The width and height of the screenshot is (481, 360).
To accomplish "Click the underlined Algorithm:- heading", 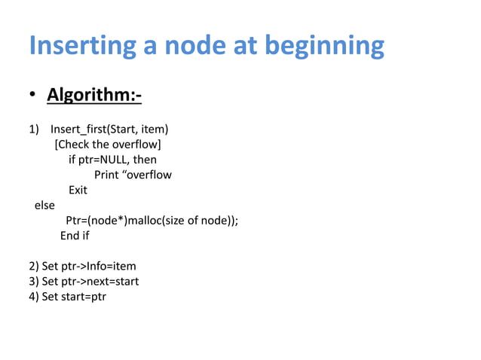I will [94, 97].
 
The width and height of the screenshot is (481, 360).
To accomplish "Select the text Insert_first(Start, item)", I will [109, 128].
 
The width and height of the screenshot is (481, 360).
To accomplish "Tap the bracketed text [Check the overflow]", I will [108, 144].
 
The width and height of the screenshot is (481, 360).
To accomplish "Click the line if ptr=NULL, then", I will [112, 160].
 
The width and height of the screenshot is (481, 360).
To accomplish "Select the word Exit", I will [78, 191].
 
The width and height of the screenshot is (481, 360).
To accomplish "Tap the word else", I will [44, 204].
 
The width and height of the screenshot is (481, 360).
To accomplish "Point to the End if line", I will [75, 236].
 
